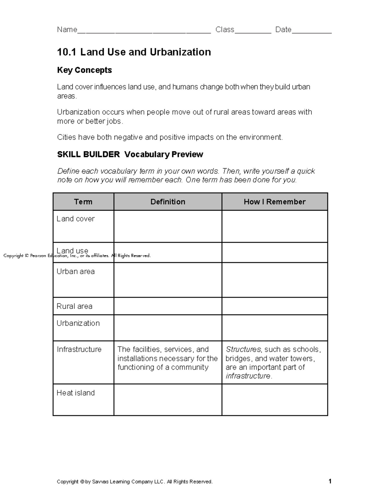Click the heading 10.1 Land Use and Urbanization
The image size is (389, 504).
(134, 52)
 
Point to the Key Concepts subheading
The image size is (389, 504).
(84, 70)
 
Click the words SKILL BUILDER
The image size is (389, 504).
(88, 154)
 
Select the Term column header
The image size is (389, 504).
(83, 202)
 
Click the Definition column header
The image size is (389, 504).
(168, 202)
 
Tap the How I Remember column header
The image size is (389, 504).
(275, 202)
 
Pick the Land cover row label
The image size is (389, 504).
(76, 219)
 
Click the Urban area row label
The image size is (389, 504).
(76, 272)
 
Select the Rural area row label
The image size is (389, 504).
(74, 306)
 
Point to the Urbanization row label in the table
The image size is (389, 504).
(78, 323)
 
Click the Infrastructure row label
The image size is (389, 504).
(79, 350)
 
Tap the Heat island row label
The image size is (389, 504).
(76, 393)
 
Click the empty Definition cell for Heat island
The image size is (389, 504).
(168, 400)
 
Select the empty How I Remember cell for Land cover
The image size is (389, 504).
(275, 227)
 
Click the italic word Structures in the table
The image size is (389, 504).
(243, 350)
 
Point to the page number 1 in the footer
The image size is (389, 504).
(330, 481)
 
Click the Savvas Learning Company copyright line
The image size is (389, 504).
(135, 482)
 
